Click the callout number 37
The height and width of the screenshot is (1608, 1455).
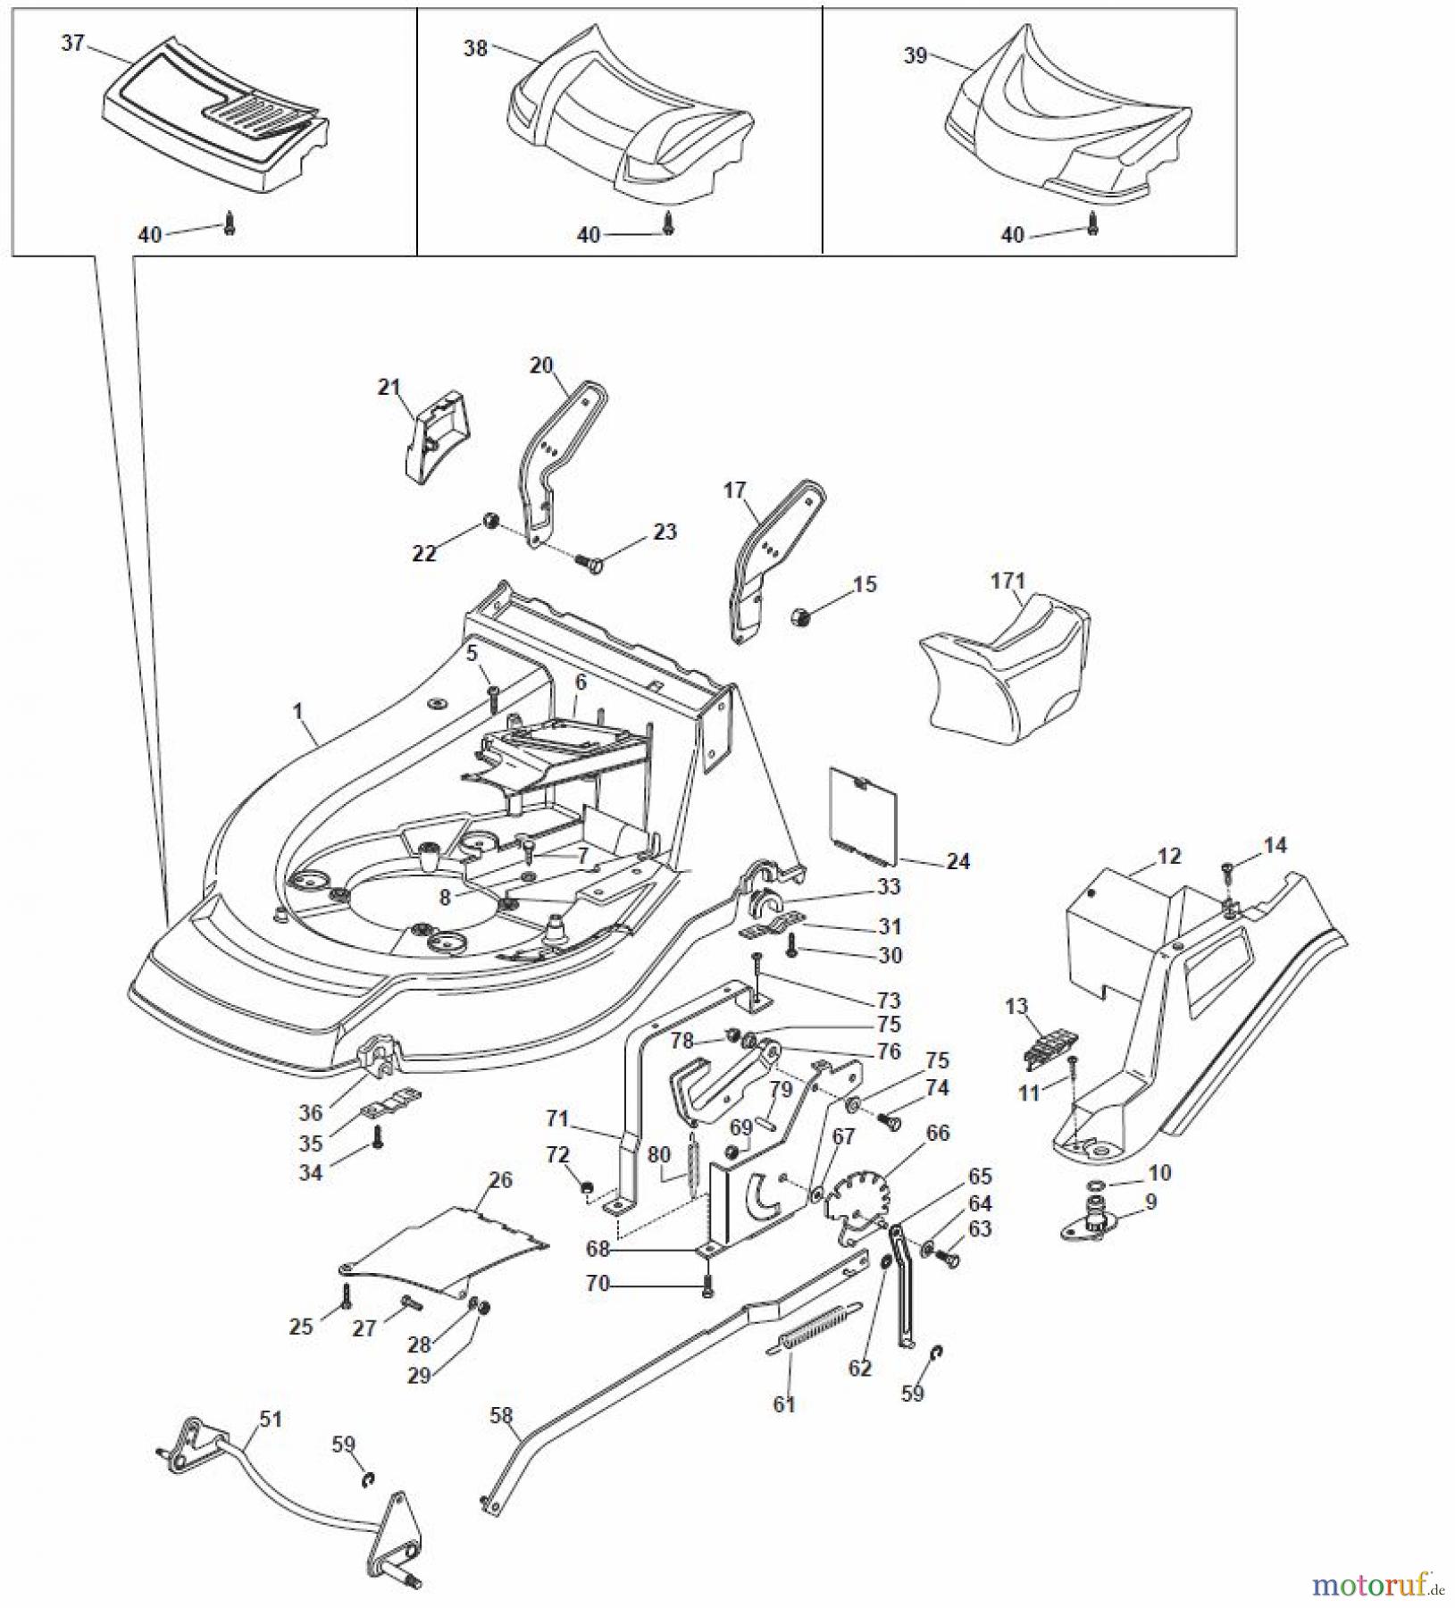click(x=72, y=42)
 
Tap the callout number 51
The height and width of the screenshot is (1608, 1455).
click(x=270, y=1419)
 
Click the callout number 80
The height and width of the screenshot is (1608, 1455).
click(x=658, y=1154)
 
